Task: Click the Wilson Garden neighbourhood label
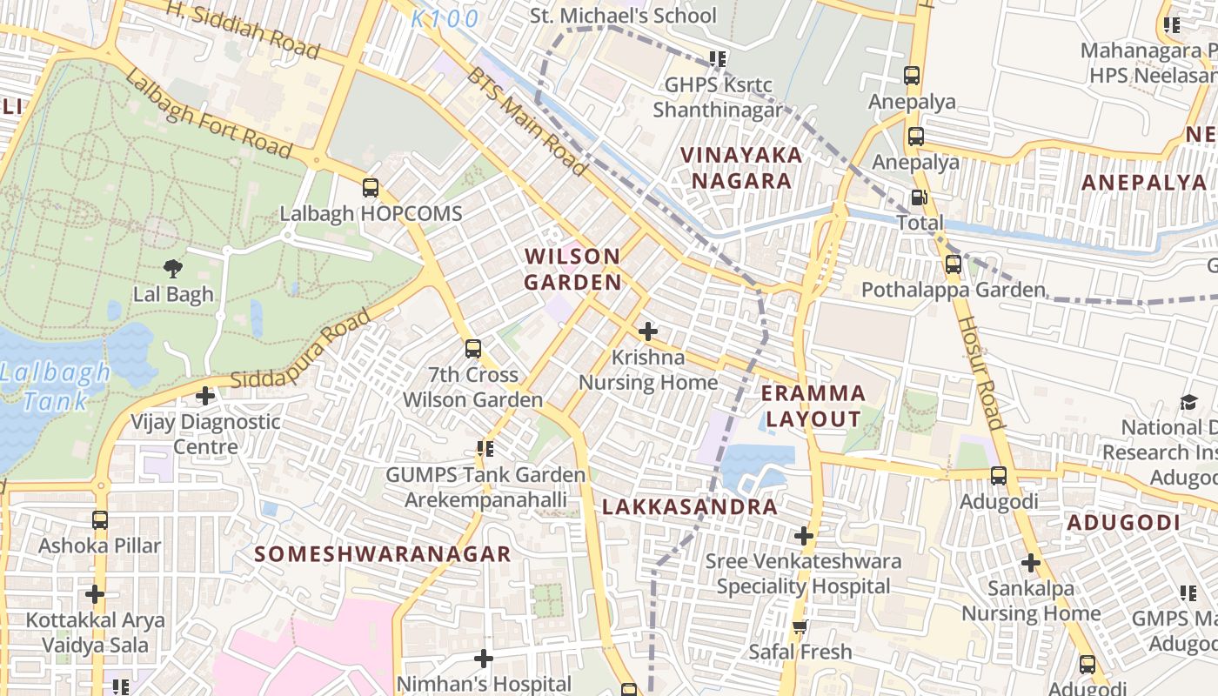[573, 270]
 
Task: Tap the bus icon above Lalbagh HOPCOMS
[371, 187]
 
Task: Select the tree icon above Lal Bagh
[172, 269]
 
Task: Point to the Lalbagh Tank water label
[56, 387]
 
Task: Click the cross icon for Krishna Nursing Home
[647, 331]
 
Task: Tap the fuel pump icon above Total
[919, 197]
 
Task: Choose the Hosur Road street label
[980, 371]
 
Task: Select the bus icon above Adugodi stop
[999, 476]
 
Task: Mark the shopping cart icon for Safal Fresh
[800, 626]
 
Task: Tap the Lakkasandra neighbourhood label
[689, 507]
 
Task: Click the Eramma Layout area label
[813, 406]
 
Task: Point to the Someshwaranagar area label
[383, 554]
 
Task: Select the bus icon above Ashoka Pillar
[100, 520]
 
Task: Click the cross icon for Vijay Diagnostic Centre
[205, 396]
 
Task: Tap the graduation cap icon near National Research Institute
[1188, 402]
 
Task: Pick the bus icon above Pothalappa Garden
[954, 264]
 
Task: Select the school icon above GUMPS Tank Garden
[485, 449]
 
